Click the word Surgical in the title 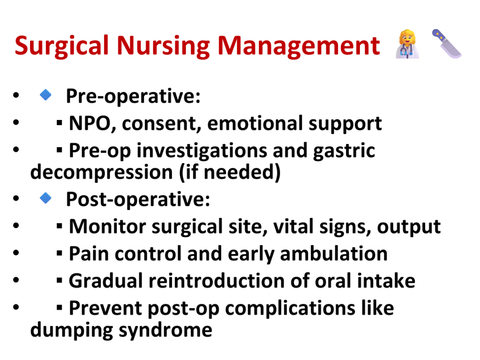coord(62,46)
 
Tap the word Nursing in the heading coord(164,46)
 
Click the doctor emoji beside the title coord(407,44)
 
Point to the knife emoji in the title coord(447,44)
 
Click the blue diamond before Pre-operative coord(45,95)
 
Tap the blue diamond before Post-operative coord(45,198)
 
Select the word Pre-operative coord(133,96)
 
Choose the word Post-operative coord(138,199)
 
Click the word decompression coord(102,172)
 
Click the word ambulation coord(334,254)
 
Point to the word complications coord(290,308)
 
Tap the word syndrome coord(165,330)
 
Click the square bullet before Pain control coord(60,253)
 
